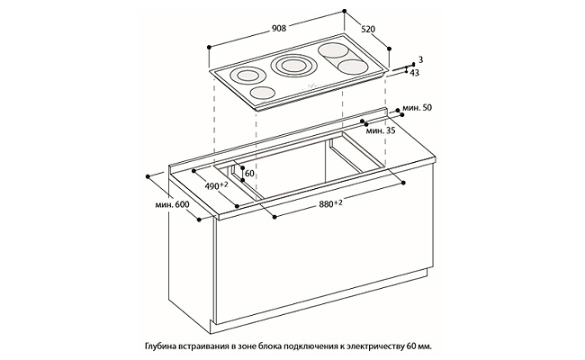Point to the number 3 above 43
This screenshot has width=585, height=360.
(420, 59)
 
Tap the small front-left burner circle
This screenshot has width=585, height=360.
(262, 92)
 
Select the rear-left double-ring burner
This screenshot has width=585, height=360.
(246, 76)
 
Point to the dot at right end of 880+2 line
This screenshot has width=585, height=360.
(404, 183)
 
